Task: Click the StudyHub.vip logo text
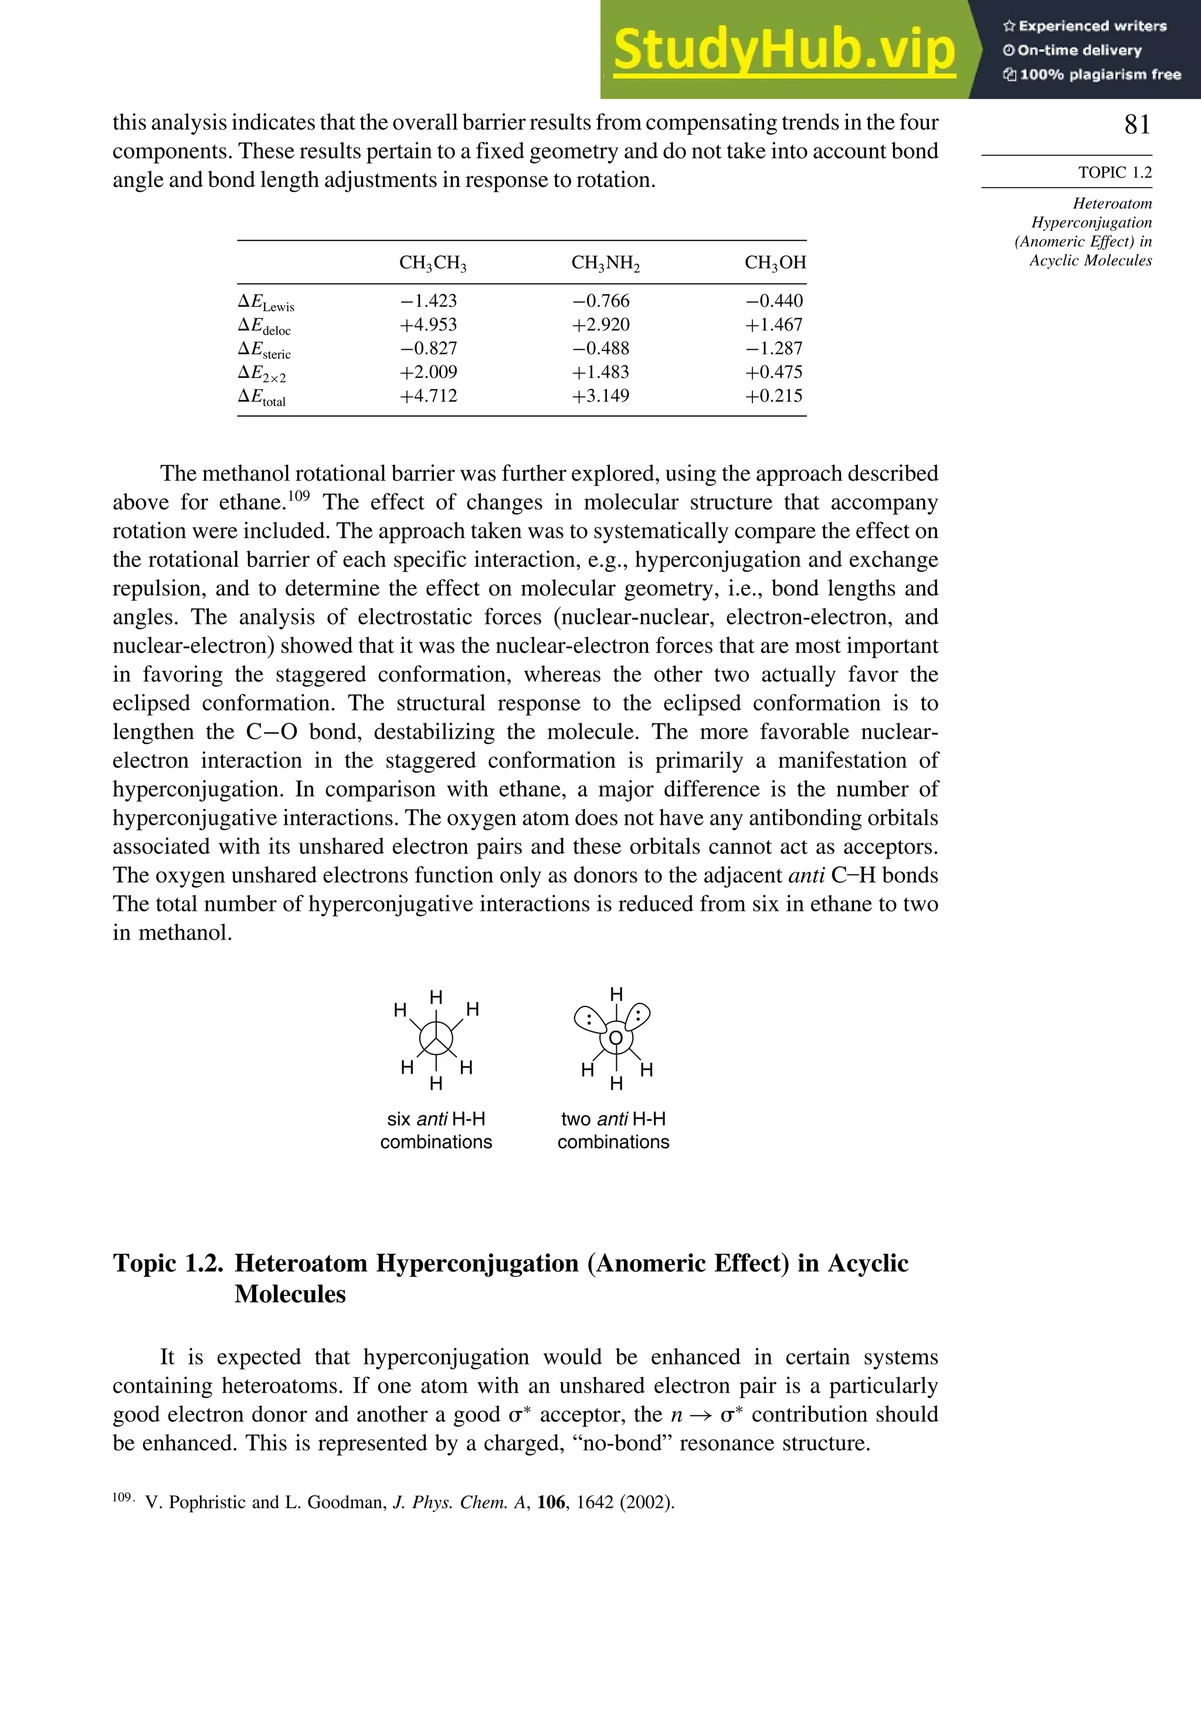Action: [x=784, y=51]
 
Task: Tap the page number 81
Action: [x=1136, y=124]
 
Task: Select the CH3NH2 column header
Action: [x=605, y=263]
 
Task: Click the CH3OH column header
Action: [x=775, y=263]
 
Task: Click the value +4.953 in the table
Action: [x=428, y=325]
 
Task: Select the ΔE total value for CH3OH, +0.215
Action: [x=773, y=396]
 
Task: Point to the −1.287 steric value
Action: [x=773, y=349]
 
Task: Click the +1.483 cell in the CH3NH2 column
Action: [x=601, y=372]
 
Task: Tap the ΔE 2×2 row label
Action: [x=262, y=373]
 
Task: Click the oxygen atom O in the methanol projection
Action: [x=615, y=1038]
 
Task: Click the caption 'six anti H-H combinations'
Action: [x=436, y=1130]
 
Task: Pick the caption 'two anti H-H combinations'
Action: [x=613, y=1130]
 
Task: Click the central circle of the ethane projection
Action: [x=436, y=1038]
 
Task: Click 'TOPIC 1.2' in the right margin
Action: [x=1114, y=172]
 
